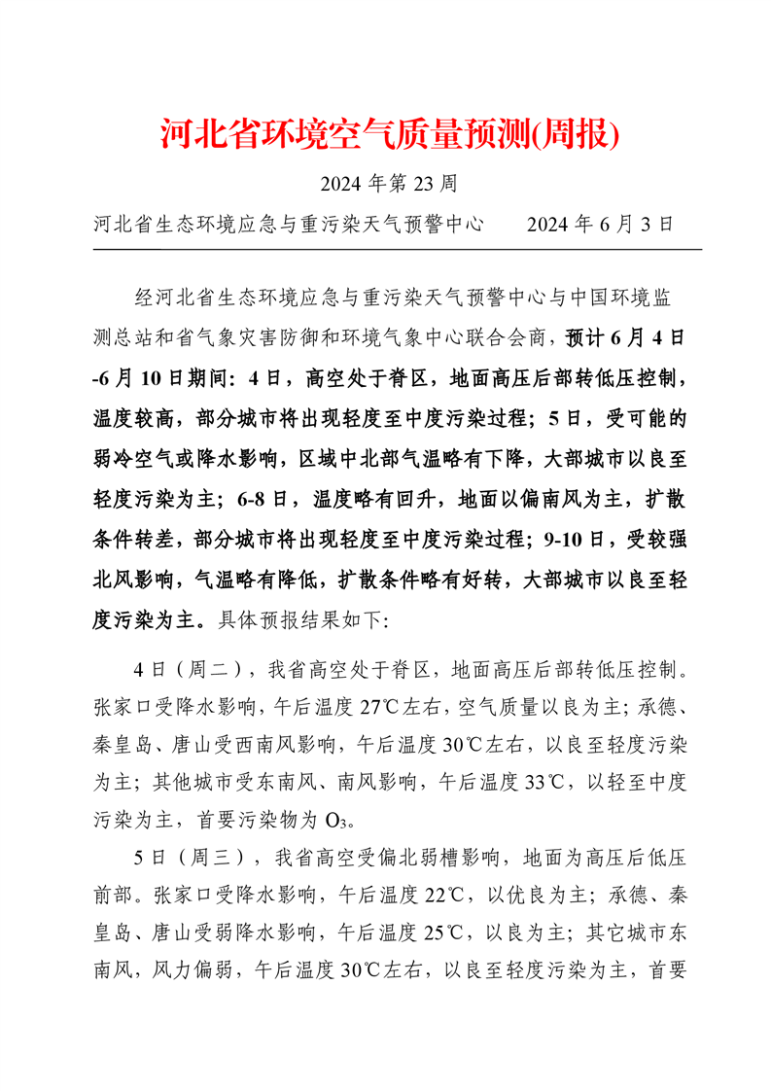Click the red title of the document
point(389,136)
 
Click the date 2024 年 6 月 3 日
point(599,225)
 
